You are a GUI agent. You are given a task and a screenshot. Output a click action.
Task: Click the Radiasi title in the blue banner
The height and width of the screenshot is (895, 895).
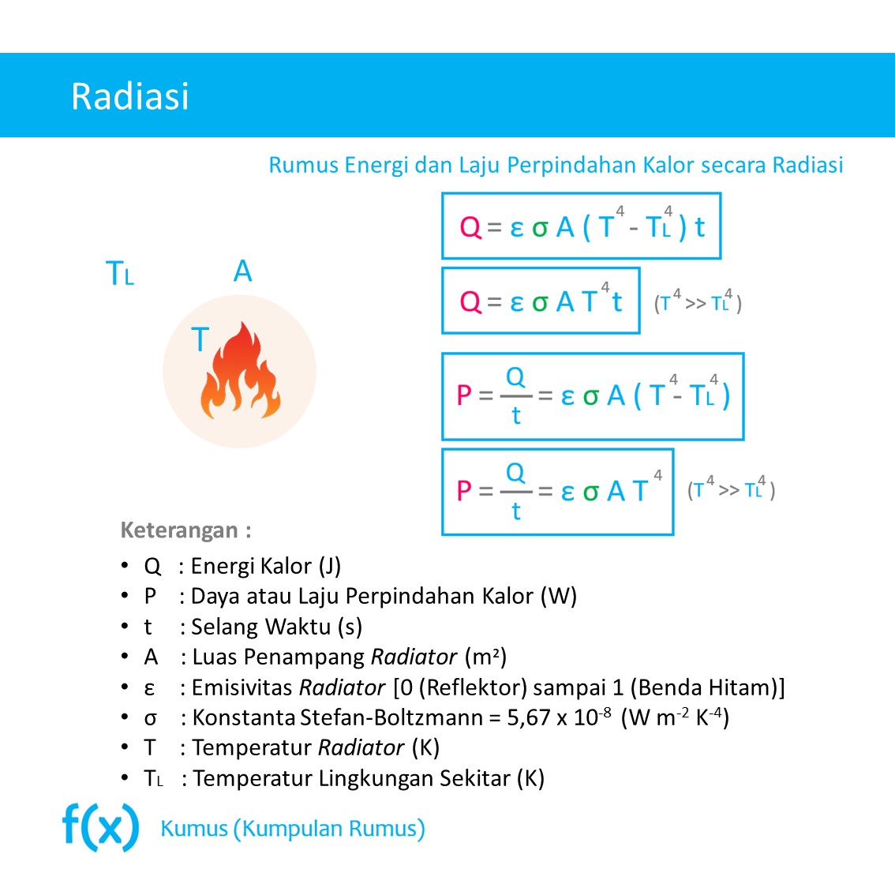click(x=130, y=96)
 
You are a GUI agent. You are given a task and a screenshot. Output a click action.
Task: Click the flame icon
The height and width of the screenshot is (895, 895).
click(x=240, y=371)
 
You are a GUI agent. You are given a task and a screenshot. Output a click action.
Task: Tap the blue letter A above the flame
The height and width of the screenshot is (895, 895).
click(x=242, y=271)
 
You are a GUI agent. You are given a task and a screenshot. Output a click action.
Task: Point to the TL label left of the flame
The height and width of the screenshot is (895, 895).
click(x=120, y=274)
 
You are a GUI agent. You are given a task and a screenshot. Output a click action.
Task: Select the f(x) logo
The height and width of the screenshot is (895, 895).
click(x=100, y=827)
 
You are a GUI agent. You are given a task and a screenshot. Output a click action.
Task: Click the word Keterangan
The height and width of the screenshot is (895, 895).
click(x=179, y=530)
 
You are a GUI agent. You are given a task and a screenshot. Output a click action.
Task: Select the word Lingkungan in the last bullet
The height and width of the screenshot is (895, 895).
click(x=376, y=778)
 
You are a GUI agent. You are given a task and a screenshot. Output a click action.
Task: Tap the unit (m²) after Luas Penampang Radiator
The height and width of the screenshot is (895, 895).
click(x=485, y=657)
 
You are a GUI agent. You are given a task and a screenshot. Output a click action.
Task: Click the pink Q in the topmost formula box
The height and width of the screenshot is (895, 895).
click(x=470, y=227)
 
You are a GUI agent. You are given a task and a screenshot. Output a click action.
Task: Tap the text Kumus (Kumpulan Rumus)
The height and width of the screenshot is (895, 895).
click(x=292, y=829)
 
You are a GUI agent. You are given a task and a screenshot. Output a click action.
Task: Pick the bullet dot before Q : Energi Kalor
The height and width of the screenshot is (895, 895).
click(x=125, y=565)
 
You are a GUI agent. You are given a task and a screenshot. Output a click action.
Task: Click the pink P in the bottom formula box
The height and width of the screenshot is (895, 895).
click(x=464, y=491)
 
